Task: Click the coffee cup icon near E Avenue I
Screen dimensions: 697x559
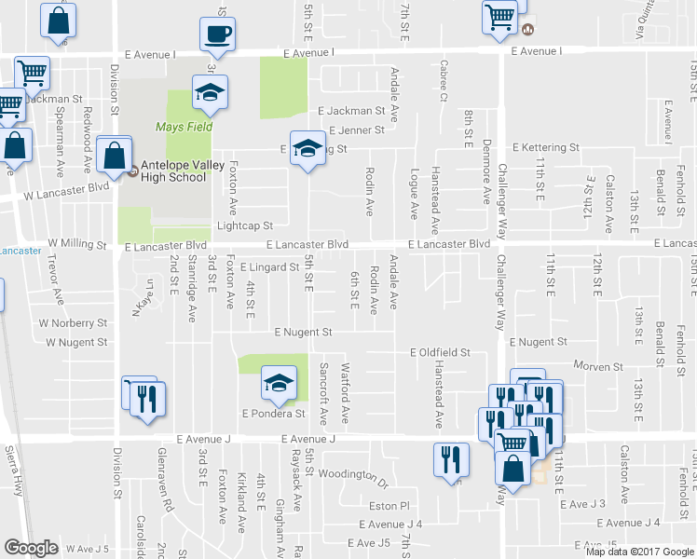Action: (x=218, y=34)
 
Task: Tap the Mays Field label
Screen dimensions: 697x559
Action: (x=184, y=127)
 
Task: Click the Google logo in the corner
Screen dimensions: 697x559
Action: (x=31, y=548)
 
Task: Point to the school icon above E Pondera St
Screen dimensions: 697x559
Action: (x=279, y=382)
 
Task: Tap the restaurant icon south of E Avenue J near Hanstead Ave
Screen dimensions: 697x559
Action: (x=450, y=458)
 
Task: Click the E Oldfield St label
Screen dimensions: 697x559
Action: (x=441, y=353)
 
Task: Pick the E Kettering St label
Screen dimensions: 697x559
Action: (x=547, y=147)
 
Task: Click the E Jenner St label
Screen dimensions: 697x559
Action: (x=350, y=130)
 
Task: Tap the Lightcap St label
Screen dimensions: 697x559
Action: (x=244, y=225)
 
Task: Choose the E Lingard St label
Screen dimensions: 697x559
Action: (x=269, y=267)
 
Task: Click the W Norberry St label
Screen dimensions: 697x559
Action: (x=73, y=323)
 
